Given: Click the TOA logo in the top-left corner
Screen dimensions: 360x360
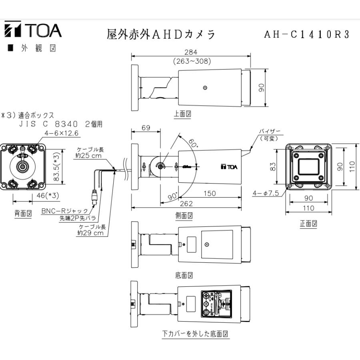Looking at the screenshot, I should point(33,31).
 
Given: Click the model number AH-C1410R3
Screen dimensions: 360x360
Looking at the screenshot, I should point(307,34).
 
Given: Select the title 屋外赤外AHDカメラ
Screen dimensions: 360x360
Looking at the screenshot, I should point(161,34).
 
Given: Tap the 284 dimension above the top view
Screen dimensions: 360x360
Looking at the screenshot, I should point(191,52).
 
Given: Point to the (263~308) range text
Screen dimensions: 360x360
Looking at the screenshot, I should point(192,61).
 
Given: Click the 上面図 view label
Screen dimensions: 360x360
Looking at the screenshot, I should point(182,114).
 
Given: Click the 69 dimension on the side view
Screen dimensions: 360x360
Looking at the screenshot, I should point(146,128).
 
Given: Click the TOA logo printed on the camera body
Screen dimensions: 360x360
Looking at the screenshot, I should point(229,167).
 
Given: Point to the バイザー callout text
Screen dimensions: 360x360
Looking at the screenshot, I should point(270,131).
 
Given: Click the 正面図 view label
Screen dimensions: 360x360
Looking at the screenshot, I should point(308,224).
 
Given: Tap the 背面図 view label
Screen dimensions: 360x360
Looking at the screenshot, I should point(23,213).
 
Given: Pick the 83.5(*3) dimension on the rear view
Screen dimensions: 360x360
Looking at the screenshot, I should point(57,166).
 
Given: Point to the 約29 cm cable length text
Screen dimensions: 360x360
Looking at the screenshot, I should point(90,233).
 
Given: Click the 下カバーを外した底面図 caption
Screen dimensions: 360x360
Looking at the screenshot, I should point(195,333).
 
